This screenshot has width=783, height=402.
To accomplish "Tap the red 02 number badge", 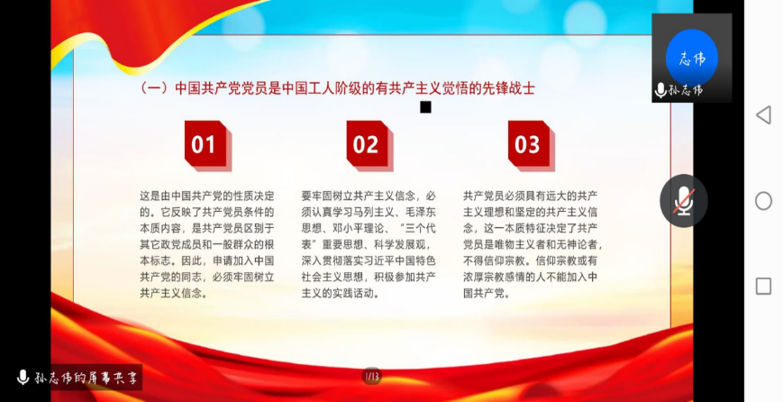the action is pos(369,145).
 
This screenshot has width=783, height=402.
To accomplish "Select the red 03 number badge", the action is pos(532,145).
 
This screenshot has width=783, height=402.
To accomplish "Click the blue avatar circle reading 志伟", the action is pos(692,58).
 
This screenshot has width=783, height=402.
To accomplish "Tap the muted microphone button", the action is pos(684,201).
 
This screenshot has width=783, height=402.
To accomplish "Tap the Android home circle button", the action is pos(763,201).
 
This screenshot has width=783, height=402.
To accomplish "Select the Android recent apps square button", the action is pos(763,286).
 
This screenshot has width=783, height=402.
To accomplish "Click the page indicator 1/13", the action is pos(371,376).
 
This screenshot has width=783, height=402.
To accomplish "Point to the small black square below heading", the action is pos(425,107).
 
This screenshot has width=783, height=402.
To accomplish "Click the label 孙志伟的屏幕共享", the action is pos(86,378).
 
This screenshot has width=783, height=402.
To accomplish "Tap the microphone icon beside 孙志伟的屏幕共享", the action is pos(23,378).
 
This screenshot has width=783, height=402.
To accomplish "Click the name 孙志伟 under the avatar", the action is pos(685,90).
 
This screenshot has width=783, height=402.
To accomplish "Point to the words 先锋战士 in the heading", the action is pos(508,88).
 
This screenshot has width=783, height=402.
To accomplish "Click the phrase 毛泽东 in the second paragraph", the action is pos(423,212).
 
